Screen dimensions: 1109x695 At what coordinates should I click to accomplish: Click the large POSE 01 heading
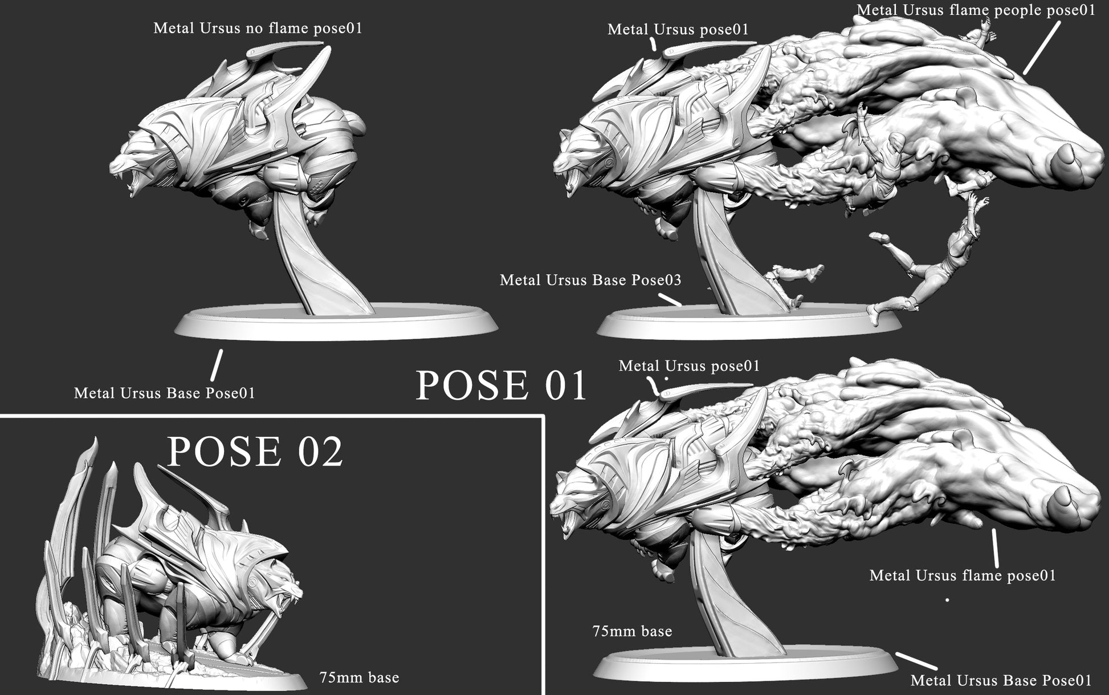pyautogui.click(x=502, y=385)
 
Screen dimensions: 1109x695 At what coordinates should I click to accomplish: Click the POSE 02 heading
pyautogui.click(x=255, y=452)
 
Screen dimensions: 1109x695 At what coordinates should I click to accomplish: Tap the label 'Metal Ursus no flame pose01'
pyautogui.click(x=258, y=28)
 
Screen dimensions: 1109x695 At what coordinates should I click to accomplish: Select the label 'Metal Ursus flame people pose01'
pyautogui.click(x=976, y=10)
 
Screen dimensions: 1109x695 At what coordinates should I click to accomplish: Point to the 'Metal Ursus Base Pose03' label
pyautogui.click(x=590, y=280)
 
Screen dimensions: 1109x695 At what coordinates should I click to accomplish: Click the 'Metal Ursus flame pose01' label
pyautogui.click(x=963, y=575)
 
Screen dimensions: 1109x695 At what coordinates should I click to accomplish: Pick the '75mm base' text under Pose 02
pyautogui.click(x=360, y=677)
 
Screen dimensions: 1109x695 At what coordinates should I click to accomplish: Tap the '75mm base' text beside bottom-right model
pyautogui.click(x=633, y=631)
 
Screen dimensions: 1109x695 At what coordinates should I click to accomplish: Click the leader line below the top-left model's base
pyautogui.click(x=216, y=365)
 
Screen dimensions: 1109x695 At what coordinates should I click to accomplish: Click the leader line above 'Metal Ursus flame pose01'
pyautogui.click(x=995, y=547)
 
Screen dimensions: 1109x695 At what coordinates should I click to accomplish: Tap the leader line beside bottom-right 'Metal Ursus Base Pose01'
pyautogui.click(x=916, y=661)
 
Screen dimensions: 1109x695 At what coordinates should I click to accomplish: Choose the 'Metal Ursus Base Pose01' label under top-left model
pyautogui.click(x=165, y=393)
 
